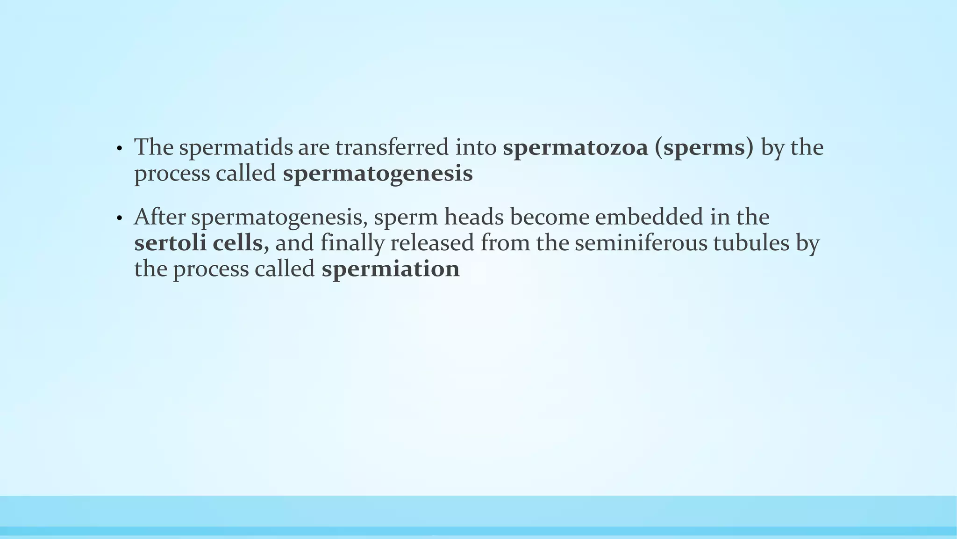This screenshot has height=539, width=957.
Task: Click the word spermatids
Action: [x=235, y=148]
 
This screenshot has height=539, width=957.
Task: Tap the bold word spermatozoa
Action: [x=575, y=148]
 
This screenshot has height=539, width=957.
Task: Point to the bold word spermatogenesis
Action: [x=378, y=174]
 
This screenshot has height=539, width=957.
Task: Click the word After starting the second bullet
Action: [x=159, y=217]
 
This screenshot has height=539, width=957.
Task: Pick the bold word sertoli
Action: [x=170, y=243]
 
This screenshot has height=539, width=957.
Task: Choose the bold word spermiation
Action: [x=391, y=269]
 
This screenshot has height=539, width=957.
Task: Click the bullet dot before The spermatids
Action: [x=120, y=149]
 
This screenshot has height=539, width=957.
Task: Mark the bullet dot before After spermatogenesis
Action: [x=120, y=219]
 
